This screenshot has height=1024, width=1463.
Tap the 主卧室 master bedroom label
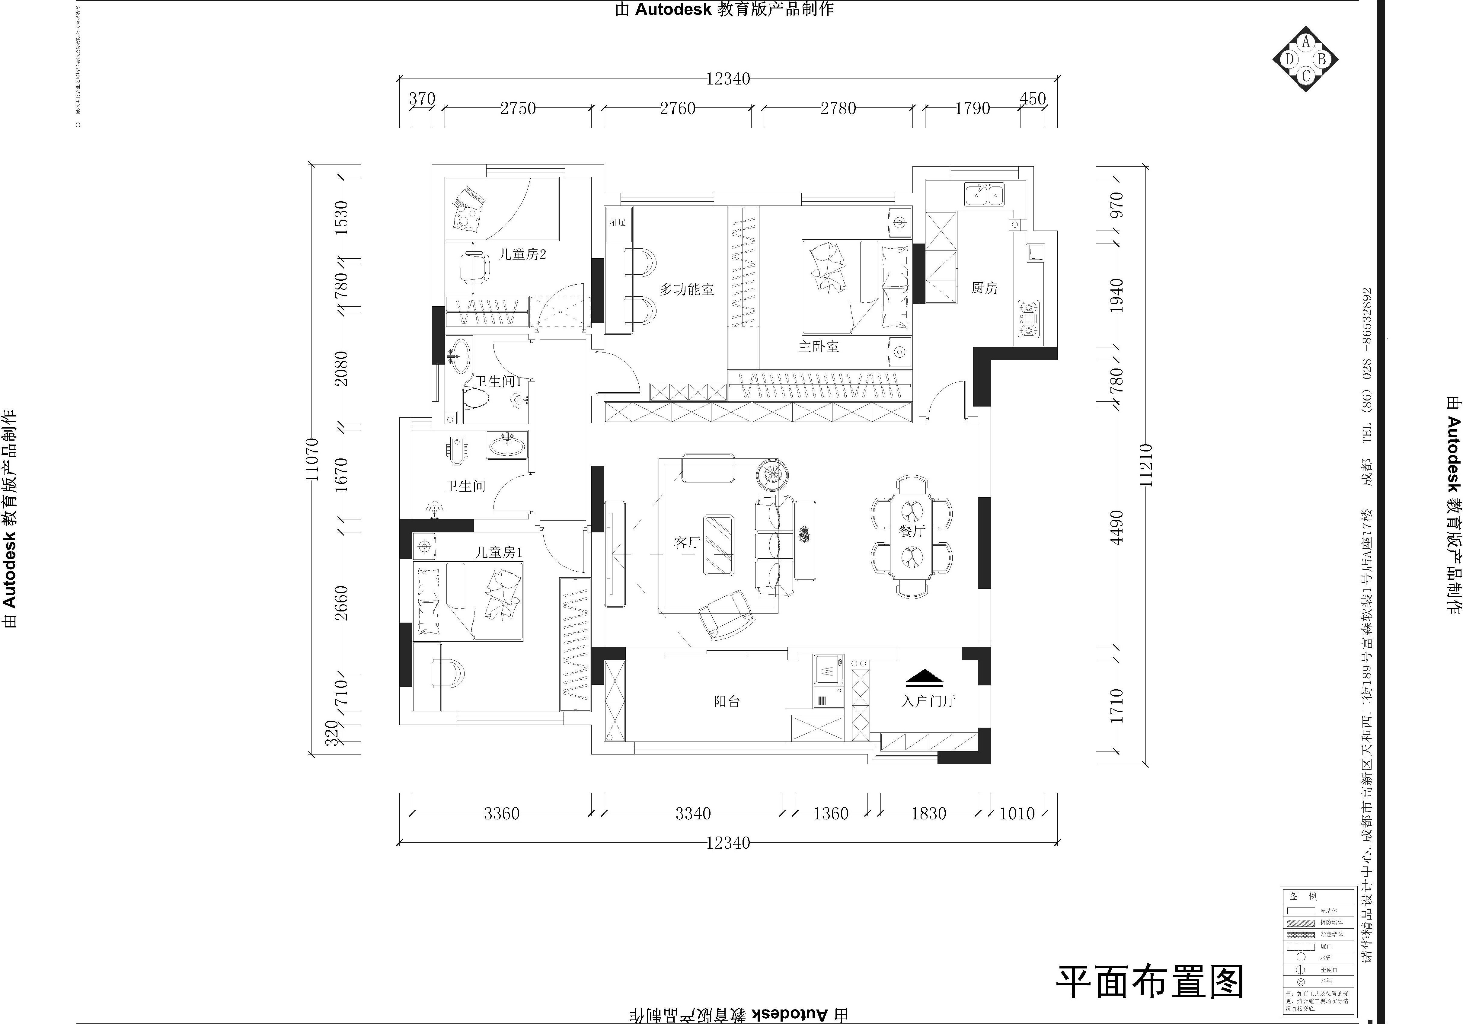pyautogui.click(x=819, y=347)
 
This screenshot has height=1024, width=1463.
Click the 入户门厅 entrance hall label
pyautogui.click(x=928, y=701)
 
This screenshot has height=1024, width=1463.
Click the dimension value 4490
pyautogui.click(x=1116, y=527)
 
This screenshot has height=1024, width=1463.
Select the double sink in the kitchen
pyautogui.click(x=984, y=194)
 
